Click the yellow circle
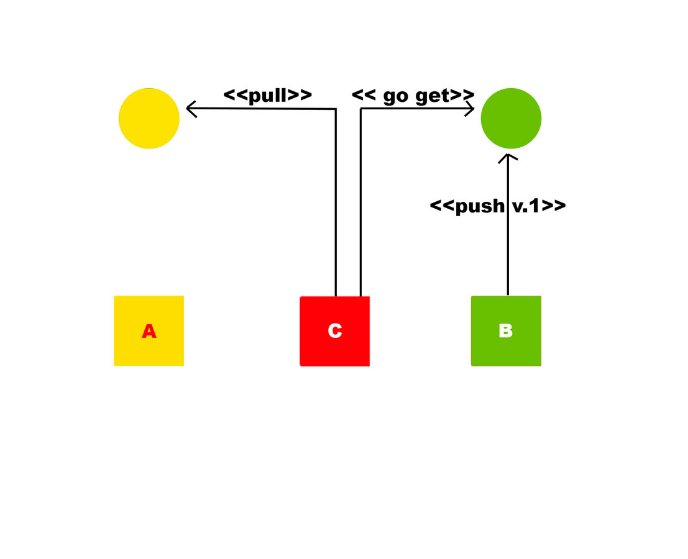coord(149,118)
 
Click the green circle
coord(511,118)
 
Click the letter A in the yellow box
coord(149,332)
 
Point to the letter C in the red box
coord(335,331)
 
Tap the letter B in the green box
coord(506,331)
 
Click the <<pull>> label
coord(267,96)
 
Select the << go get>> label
coord(413,96)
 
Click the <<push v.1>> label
coord(498,206)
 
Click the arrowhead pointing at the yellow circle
coord(190,109)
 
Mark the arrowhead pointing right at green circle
coord(471,109)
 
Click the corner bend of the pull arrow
coord(336,109)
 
